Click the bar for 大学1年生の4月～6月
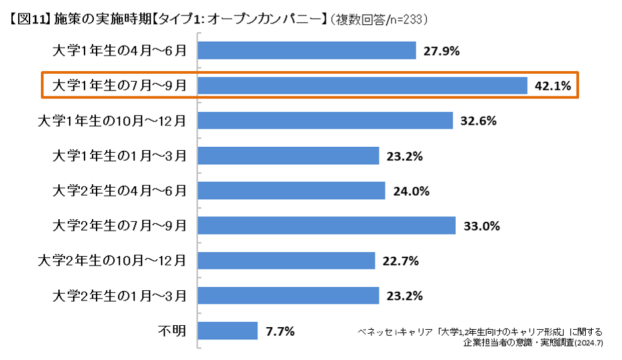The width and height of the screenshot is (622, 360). click(x=308, y=50)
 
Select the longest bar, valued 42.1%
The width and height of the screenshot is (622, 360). click(x=363, y=85)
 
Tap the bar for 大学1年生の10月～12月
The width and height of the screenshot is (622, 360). click(x=326, y=121)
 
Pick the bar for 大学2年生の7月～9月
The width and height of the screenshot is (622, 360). click(x=327, y=225)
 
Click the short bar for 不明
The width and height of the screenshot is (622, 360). click(x=228, y=331)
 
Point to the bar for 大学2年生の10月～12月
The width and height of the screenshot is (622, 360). click(x=286, y=261)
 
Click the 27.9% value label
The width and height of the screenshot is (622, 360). click(x=441, y=51)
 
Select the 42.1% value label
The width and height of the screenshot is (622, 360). click(x=552, y=86)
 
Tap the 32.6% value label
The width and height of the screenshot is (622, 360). click(x=478, y=121)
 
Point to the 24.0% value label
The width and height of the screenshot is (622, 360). click(x=411, y=191)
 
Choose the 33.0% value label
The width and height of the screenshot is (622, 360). click(x=481, y=226)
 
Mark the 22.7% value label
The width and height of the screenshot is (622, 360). click(x=400, y=261)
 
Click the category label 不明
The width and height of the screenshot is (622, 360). click(x=172, y=331)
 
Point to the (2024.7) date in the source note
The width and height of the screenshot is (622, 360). click(x=590, y=343)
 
